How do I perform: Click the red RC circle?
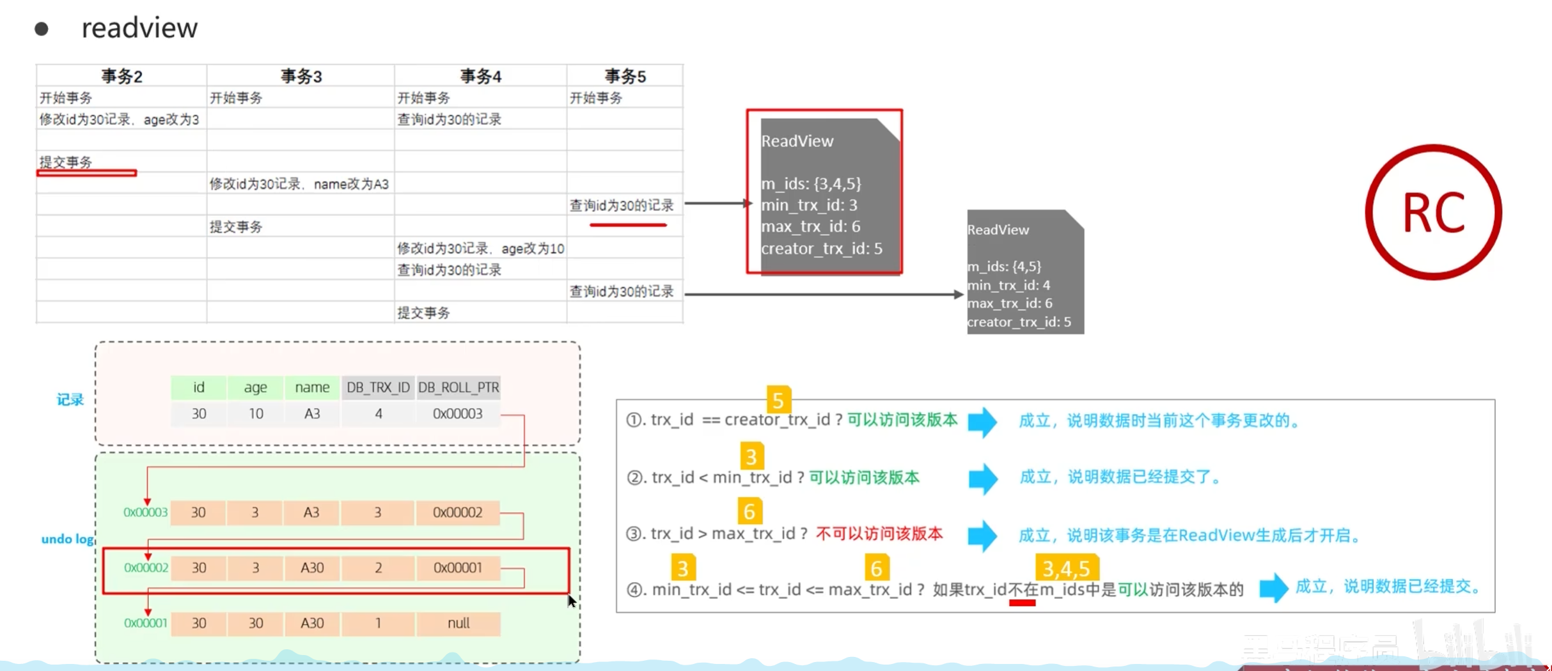click(x=1433, y=212)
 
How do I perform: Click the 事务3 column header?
click(x=301, y=77)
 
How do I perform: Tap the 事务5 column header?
click(x=625, y=77)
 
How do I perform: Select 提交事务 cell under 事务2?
click(x=66, y=162)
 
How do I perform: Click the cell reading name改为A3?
click(x=299, y=184)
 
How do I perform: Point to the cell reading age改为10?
click(x=480, y=249)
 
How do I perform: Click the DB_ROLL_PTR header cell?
click(x=459, y=387)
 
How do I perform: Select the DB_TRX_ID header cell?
click(x=378, y=387)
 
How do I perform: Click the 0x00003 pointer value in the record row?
click(x=457, y=414)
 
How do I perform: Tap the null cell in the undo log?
click(x=459, y=623)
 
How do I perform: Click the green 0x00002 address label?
click(x=146, y=567)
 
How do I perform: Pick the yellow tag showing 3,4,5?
click(x=1066, y=567)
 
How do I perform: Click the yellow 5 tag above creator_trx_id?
click(x=778, y=400)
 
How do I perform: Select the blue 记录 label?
click(x=70, y=400)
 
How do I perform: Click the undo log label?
click(x=67, y=539)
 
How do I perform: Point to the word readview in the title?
click(x=139, y=28)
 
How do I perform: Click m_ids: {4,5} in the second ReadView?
click(x=1004, y=266)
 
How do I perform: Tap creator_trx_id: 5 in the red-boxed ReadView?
click(x=821, y=249)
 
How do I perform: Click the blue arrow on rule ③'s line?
click(x=982, y=536)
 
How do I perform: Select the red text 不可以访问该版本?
click(x=879, y=534)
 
